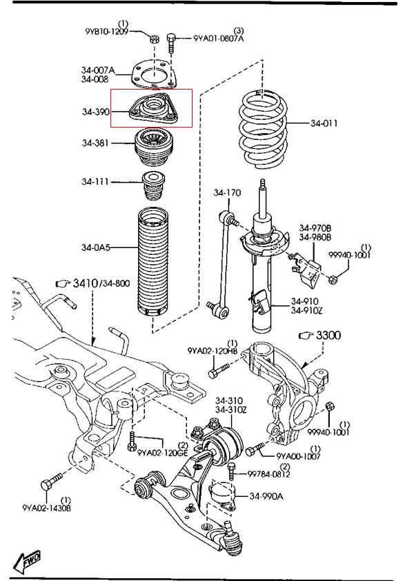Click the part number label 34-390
click(x=96, y=112)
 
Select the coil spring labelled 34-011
click(x=264, y=129)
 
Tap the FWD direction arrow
click(x=27, y=560)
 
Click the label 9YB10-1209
click(x=106, y=31)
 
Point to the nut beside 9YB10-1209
click(x=155, y=38)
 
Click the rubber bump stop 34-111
click(x=154, y=185)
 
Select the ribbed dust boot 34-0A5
click(x=154, y=263)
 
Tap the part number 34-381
click(x=95, y=143)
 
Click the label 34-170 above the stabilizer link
click(x=227, y=193)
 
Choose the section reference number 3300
click(x=328, y=336)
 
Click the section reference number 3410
click(x=86, y=283)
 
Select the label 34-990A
click(x=266, y=496)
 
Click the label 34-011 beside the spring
click(x=324, y=123)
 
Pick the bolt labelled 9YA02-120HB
click(x=218, y=371)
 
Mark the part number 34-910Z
click(x=306, y=310)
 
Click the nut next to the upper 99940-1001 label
click(x=333, y=280)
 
